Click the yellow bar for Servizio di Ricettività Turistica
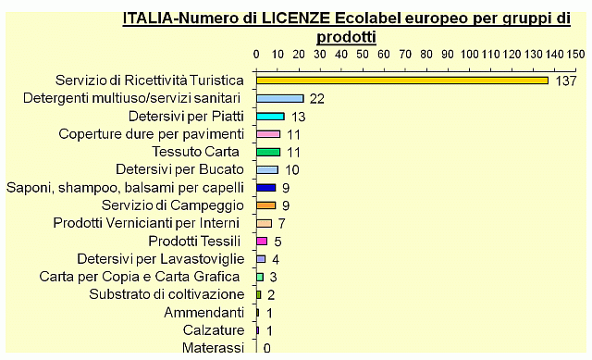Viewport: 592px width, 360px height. pyautogui.click(x=402, y=81)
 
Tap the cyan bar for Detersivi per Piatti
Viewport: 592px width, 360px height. pyautogui.click(x=270, y=117)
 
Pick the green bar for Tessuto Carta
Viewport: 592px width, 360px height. pyautogui.click(x=267, y=152)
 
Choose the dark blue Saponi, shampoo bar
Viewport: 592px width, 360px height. pyautogui.click(x=265, y=187)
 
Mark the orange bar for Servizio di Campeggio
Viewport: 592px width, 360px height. pyautogui.click(x=265, y=205)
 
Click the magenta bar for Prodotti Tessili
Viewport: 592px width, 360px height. pyautogui.click(x=262, y=241)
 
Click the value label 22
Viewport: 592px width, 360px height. pyautogui.click(x=317, y=99)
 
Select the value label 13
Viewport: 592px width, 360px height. pyautogui.click(x=298, y=117)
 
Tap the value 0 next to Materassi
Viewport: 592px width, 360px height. pyautogui.click(x=266, y=348)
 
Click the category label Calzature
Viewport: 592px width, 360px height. pyautogui.click(x=213, y=329)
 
